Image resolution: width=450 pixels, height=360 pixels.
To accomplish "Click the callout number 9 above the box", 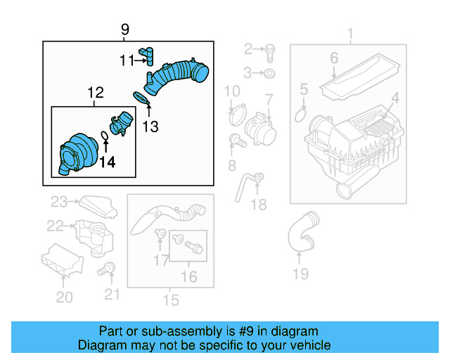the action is (x=125, y=30).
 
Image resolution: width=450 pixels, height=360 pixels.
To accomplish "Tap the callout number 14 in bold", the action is (x=108, y=162).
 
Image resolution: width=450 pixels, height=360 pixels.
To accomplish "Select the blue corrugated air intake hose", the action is (x=176, y=77).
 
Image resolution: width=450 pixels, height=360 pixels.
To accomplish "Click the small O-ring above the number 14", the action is (x=105, y=136).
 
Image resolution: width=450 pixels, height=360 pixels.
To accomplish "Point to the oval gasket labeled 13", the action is (x=141, y=98).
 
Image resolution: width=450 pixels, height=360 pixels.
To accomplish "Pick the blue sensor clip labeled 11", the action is (x=147, y=56).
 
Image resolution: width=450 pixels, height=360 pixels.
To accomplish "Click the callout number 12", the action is (x=96, y=93).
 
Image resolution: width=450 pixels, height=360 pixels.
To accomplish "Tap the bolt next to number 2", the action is (x=270, y=53).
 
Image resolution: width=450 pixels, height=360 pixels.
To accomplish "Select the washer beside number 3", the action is (x=269, y=74).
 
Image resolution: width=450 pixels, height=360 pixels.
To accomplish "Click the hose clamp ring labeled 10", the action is (x=238, y=115).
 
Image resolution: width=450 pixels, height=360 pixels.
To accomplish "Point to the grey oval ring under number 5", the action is (x=300, y=115).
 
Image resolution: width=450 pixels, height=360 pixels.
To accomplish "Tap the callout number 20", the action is (x=64, y=297).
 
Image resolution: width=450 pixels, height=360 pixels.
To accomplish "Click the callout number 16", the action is (x=189, y=277).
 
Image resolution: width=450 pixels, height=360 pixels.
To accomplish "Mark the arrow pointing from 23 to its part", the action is (x=72, y=202).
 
